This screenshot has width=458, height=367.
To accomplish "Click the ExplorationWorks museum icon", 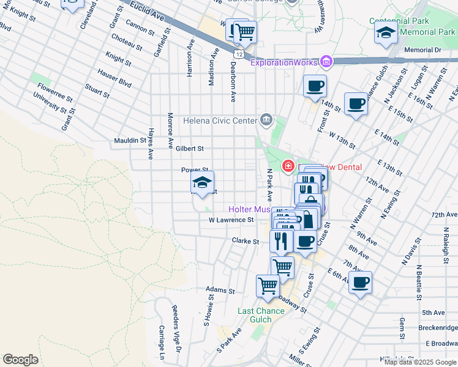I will pyautogui.click(x=326, y=62).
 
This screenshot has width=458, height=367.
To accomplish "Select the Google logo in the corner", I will pyautogui.click(x=20, y=360).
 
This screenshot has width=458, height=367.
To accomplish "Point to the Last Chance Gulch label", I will pyautogui.click(x=261, y=316).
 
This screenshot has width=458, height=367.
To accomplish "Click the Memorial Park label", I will pyautogui.click(x=427, y=32).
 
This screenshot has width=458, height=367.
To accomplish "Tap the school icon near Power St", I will pyautogui.click(x=201, y=181).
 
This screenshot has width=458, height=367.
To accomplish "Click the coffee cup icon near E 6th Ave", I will pyautogui.click(x=360, y=283).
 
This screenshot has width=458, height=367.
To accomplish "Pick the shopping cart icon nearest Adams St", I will pyautogui.click(x=268, y=285).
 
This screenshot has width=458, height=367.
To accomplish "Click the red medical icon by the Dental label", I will pyautogui.click(x=288, y=166).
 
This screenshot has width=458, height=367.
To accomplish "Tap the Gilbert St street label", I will pyautogui.click(x=189, y=149).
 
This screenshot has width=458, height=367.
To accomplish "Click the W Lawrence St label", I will pyautogui.click(x=231, y=220).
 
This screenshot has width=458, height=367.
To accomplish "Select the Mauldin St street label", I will pyautogui.click(x=130, y=141).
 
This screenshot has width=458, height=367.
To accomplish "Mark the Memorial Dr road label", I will pyautogui.click(x=422, y=50).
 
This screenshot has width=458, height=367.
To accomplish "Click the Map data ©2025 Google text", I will pyautogui.click(x=419, y=362).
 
